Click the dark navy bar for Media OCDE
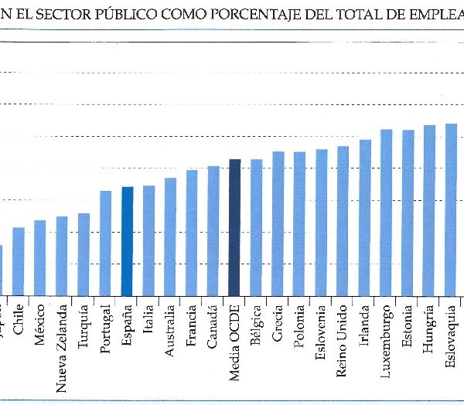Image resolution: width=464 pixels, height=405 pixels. tap(234, 227)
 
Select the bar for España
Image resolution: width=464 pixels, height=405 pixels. tap(128, 241)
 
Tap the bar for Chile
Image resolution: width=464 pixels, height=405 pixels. tap(19, 261)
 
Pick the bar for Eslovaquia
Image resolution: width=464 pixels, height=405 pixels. tap(451, 209)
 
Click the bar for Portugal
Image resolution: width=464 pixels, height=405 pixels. tap(106, 243)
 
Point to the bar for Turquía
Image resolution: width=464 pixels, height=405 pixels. tap(84, 254)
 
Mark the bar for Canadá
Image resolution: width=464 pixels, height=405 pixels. tap(213, 231)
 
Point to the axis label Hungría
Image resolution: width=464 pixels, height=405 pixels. tap(429, 329)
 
